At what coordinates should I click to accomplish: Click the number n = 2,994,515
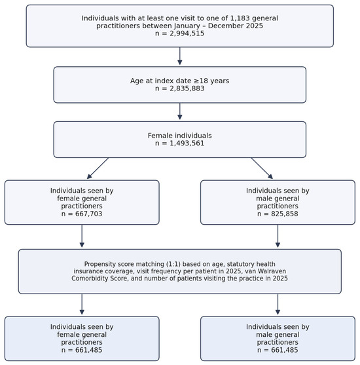click(x=180, y=33)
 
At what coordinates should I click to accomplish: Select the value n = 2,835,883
click(x=180, y=88)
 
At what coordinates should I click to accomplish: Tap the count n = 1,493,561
click(x=180, y=143)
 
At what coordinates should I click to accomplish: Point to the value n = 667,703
click(x=82, y=214)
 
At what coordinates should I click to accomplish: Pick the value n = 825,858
click(x=278, y=214)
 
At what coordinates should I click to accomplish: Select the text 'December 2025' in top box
click(x=236, y=26)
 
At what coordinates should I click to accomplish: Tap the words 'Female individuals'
click(x=180, y=136)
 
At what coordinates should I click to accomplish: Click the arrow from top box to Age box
click(x=180, y=56)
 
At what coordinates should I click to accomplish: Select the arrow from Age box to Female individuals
click(x=180, y=111)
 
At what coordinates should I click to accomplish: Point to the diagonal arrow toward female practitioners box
click(x=98, y=168)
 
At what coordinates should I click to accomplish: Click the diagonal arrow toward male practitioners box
click(x=262, y=168)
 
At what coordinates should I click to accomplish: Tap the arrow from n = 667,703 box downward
click(x=82, y=236)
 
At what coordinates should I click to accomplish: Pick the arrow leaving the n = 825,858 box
click(x=278, y=236)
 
